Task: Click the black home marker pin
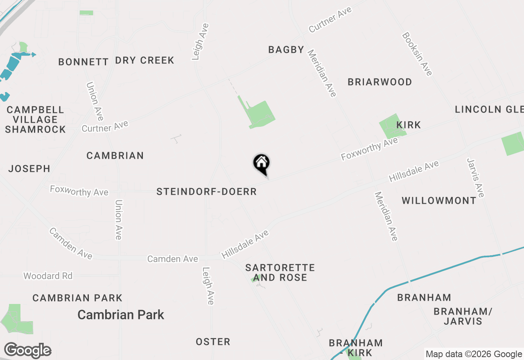coord(261,164)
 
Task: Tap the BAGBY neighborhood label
coord(286,50)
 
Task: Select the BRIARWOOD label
coord(379,82)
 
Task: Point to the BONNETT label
coord(83,62)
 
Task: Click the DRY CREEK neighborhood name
coord(145,61)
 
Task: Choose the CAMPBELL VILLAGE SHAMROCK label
coord(35,119)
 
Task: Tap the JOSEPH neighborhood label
coord(29,169)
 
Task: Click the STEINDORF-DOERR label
coord(206,192)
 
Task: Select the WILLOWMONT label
coord(439,201)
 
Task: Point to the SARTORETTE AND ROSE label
coord(280,272)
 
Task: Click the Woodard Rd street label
coord(48,276)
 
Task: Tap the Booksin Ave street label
coord(417,54)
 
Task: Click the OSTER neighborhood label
coord(213,342)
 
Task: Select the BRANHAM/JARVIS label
coord(463,316)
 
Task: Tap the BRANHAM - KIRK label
coord(356,347)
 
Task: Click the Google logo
coord(27,351)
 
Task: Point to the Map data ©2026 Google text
coord(474,354)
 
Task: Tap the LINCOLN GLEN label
coord(489,109)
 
